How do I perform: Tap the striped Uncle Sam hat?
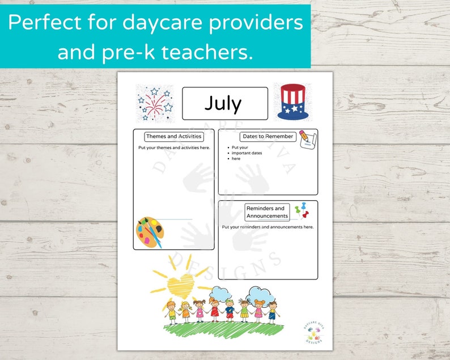pyautogui.click(x=292, y=102)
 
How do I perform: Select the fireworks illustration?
pyautogui.click(x=155, y=103)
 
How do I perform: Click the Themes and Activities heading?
pyautogui.click(x=173, y=137)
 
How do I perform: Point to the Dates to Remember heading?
pyautogui.click(x=268, y=137)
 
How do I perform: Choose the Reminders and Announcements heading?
pyautogui.click(x=268, y=212)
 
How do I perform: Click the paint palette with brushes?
pyautogui.click(x=150, y=232)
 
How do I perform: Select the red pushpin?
pyautogui.click(x=307, y=215)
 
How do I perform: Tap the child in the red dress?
pyautogui.click(x=215, y=311)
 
